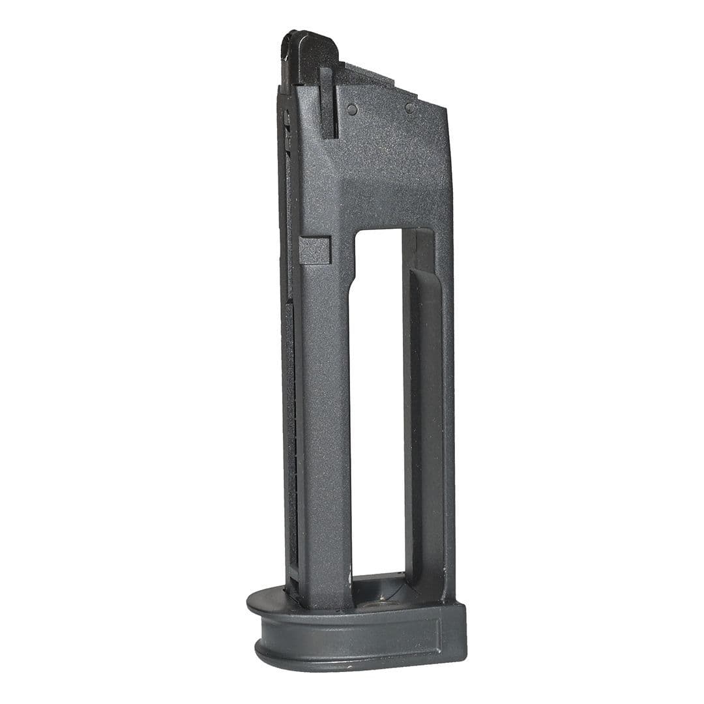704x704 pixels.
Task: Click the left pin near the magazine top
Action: pos(352,110)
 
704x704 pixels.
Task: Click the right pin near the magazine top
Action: pos(409,108)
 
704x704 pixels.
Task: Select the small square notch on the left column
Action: pos(314,250)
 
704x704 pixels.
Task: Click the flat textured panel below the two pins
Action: pos(391,163)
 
